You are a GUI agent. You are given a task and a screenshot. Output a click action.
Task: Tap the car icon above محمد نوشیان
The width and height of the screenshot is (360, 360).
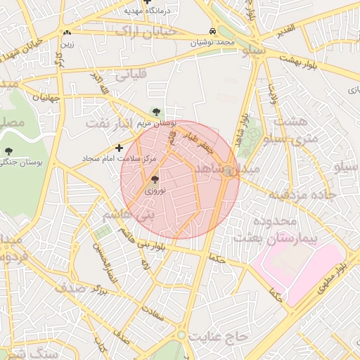[x=212, y=32]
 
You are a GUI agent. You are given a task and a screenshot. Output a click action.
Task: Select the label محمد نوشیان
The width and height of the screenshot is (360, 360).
[x=214, y=43]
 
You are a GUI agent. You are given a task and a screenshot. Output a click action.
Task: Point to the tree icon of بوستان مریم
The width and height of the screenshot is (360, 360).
[x=156, y=112]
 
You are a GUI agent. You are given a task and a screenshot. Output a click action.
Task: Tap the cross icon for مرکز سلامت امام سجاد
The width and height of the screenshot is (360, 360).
[x=118, y=148]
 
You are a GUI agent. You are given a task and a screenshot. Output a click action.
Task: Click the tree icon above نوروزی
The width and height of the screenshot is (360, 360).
[x=155, y=179]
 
